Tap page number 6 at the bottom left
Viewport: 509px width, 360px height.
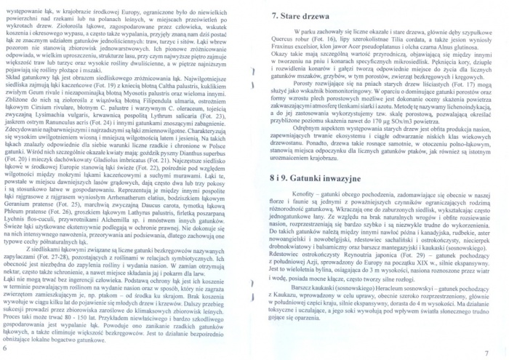pos(6,348)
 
